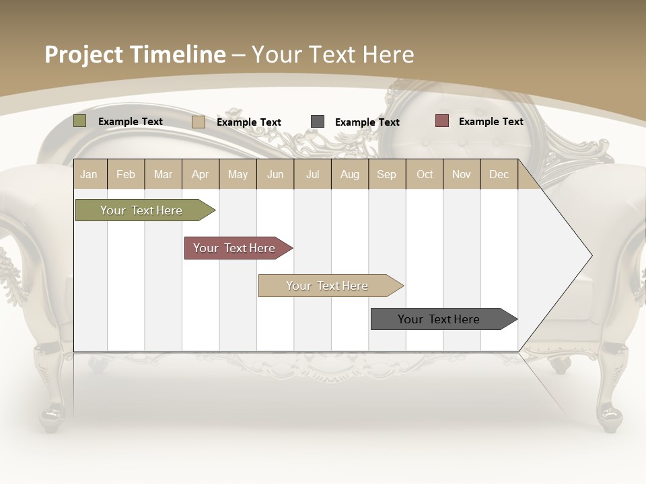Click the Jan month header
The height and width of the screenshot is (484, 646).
point(89,175)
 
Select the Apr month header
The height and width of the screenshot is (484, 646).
point(200,175)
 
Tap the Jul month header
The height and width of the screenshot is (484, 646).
point(312,175)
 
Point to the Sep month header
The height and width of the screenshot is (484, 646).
point(386,175)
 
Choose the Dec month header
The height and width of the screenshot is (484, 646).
point(499,175)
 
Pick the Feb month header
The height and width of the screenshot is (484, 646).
point(126,175)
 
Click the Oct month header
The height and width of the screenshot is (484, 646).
point(425,175)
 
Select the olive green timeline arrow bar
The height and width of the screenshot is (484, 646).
point(141,210)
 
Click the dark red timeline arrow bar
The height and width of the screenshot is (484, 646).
point(235,248)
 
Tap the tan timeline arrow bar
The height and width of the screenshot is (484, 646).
point(328,286)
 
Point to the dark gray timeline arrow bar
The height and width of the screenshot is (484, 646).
point(439,319)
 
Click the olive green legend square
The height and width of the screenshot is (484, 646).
point(79,121)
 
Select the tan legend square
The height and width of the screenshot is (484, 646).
point(198,122)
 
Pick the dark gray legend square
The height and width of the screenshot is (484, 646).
point(318,122)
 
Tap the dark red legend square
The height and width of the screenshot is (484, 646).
point(441,121)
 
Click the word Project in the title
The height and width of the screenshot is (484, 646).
point(83,54)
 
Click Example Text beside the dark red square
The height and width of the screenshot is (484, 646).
point(491,122)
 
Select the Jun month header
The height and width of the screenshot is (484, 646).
point(275,175)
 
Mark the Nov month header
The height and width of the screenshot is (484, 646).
point(462,175)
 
